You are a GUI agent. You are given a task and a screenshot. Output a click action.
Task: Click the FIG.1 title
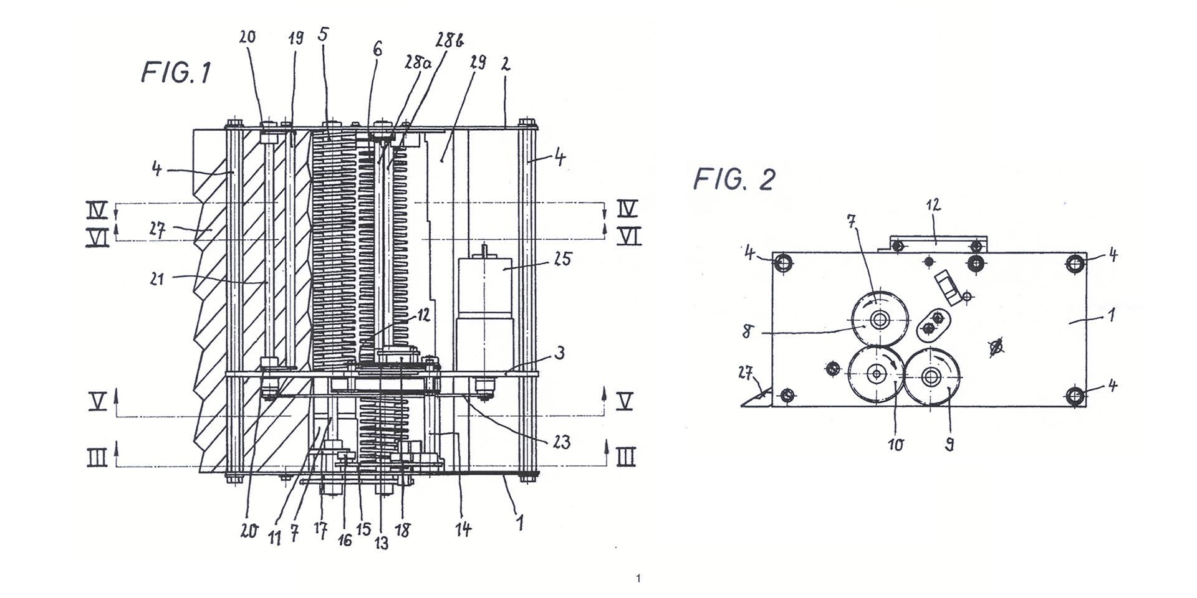tap(176, 72)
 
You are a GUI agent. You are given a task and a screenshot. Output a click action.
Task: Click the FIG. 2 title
tap(734, 179)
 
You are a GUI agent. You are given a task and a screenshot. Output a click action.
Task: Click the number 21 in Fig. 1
tap(157, 278)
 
